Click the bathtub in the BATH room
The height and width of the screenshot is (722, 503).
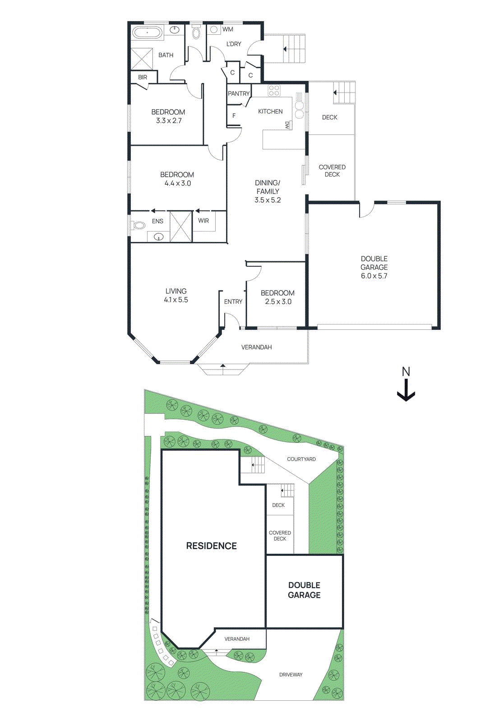[x=147, y=32]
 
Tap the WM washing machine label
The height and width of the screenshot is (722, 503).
[x=228, y=29]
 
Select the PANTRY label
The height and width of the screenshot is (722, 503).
[x=238, y=93]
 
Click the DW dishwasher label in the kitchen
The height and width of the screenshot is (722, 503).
[x=287, y=125]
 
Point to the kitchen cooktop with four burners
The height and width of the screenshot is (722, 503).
[x=274, y=90]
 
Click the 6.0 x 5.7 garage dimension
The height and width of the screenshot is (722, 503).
[x=374, y=276]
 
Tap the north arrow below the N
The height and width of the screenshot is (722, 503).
[x=406, y=391]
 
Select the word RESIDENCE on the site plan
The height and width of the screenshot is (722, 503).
[x=211, y=546]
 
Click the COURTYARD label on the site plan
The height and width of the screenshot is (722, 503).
[x=301, y=459]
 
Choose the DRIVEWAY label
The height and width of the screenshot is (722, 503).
[x=291, y=675]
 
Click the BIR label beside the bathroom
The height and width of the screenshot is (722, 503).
[x=143, y=77]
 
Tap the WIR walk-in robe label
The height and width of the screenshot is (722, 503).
[x=203, y=221]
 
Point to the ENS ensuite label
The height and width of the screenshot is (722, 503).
[x=157, y=221]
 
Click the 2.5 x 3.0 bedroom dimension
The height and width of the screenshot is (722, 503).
[x=278, y=301]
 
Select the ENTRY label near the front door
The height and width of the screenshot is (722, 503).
[x=233, y=301]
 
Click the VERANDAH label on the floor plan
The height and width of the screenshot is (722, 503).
[x=256, y=347]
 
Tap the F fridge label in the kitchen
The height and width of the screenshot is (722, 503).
[x=234, y=116]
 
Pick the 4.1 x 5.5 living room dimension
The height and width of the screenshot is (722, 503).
[x=176, y=300]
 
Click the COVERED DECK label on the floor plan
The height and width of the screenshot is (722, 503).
[x=332, y=171]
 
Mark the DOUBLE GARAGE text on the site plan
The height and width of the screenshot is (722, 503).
[x=304, y=590]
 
